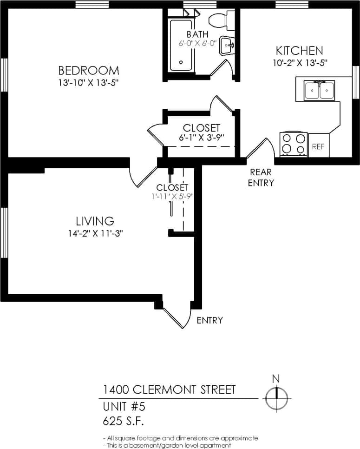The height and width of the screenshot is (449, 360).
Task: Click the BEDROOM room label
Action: [88, 71]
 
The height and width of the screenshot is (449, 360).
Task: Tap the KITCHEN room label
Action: [299, 51]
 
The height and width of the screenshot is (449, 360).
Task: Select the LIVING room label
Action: [95, 221]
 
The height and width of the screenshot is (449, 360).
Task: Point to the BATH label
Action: [197, 34]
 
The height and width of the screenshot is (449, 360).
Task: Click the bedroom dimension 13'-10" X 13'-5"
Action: [88, 83]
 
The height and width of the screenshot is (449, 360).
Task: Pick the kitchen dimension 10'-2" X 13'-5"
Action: [301, 63]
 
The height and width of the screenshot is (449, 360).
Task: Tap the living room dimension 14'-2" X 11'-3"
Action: [95, 234]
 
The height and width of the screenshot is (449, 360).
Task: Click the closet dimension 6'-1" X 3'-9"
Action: [201, 138]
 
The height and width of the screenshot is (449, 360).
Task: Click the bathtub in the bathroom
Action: [181, 45]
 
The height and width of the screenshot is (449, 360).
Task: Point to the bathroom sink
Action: [227, 46]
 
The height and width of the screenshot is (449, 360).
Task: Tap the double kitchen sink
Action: [319, 90]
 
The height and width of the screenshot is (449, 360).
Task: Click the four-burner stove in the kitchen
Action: [294, 144]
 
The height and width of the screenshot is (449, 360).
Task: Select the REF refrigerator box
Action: [318, 147]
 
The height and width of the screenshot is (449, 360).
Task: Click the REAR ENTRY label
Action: [261, 178]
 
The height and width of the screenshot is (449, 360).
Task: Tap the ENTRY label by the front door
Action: [209, 320]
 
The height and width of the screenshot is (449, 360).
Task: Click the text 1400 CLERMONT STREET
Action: [169, 390]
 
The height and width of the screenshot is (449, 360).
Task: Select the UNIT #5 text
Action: [124, 407]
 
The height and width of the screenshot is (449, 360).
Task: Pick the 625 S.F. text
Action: [123, 421]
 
